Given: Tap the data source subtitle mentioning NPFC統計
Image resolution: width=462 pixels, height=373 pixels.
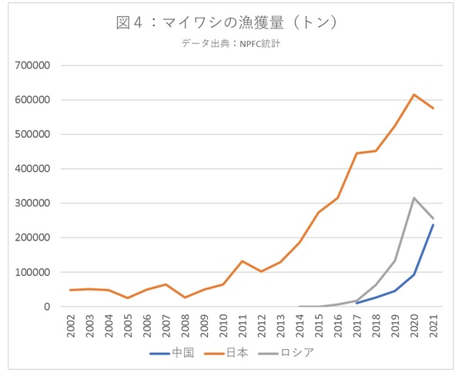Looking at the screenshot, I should tap(230, 44).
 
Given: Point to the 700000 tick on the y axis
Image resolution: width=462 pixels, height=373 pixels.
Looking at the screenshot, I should tap(32, 66).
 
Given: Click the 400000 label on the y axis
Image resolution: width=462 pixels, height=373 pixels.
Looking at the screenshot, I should tap(32, 169).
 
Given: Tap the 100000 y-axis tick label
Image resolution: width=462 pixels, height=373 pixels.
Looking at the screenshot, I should tap(32, 272).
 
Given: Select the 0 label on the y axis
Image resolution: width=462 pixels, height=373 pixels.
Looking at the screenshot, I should tap(46, 307).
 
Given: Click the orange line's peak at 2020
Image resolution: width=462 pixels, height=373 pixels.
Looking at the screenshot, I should tap(414, 95).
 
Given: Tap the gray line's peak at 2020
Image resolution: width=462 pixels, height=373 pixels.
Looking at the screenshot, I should tap(414, 198).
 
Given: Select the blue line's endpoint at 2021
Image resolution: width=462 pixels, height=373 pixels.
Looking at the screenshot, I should tap(433, 225).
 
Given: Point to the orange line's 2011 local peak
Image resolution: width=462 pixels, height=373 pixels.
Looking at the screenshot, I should tap(243, 261).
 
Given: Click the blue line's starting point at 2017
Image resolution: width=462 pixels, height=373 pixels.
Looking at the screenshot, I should tap(357, 303).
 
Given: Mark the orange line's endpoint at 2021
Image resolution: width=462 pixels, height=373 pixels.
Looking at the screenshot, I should tap(433, 108).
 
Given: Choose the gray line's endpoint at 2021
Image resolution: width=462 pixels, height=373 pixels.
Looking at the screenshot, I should tap(433, 219).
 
